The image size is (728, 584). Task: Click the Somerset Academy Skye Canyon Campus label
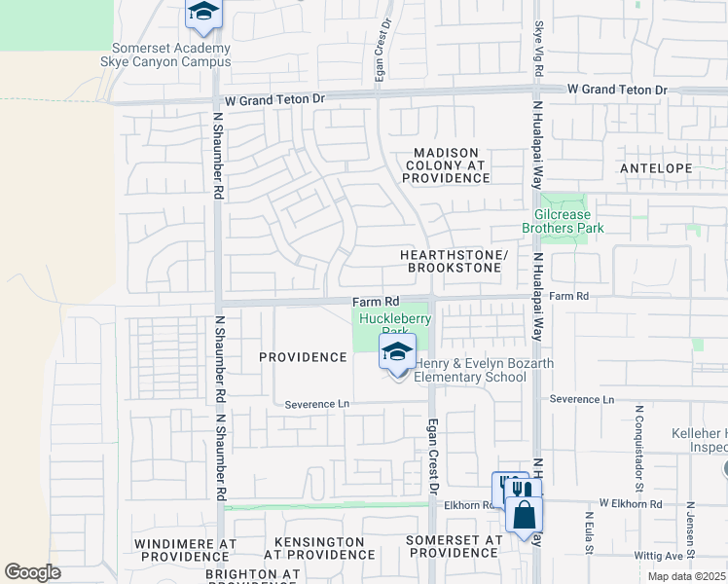pos(171,55)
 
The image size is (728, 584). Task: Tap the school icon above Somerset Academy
pos(203,13)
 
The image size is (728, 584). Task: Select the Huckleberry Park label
pos(395,323)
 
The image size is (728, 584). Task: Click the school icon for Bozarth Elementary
pos(397,352)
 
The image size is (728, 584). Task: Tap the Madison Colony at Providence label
pos(447,165)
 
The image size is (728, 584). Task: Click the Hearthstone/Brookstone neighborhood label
pos(455,260)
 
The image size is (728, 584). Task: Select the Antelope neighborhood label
pos(656,168)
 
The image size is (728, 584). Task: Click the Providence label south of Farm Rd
pos(303,357)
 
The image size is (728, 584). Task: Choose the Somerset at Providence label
pos(455,546)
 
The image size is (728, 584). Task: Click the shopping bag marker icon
pos(524,514)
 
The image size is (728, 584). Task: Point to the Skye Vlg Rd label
pos(538,45)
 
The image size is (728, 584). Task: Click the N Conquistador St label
pos(640,434)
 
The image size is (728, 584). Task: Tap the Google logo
pos(32,571)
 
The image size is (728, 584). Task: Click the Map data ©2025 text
pos(685,576)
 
